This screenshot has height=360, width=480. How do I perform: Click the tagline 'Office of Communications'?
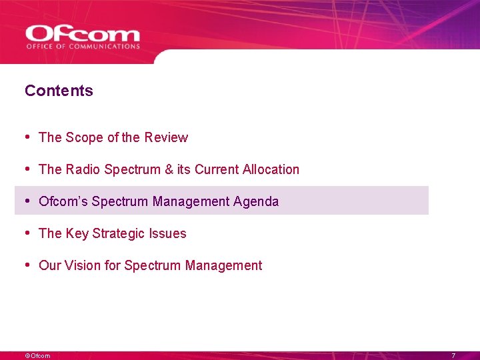(x=83, y=47)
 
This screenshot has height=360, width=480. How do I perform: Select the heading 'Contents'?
(x=59, y=91)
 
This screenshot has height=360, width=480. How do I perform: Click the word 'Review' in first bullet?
(x=166, y=137)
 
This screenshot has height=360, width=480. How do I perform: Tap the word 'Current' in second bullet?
(x=215, y=169)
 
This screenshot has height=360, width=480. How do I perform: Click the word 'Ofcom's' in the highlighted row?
(x=63, y=201)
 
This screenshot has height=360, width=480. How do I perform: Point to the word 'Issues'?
(x=169, y=233)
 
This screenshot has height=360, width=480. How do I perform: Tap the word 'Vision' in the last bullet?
(x=85, y=265)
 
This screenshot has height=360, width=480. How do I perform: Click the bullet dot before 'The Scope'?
(x=27, y=137)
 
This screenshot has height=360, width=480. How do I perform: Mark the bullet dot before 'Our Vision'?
(x=27, y=265)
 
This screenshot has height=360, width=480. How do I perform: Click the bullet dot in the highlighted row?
(x=27, y=201)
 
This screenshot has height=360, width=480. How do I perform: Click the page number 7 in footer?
(x=453, y=355)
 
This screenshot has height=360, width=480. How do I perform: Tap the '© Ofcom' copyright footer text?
(x=37, y=355)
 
